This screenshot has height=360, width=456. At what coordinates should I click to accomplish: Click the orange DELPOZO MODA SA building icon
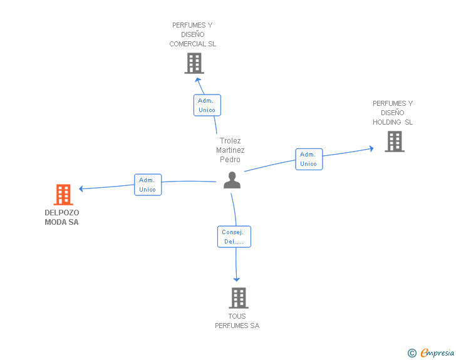pos(63,195)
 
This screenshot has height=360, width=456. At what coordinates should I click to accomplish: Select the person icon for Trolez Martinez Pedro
pos(232,180)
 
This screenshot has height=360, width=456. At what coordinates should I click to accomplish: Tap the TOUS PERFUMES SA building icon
pos(239,298)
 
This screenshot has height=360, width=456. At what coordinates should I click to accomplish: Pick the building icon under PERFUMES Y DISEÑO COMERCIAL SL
pos(194,63)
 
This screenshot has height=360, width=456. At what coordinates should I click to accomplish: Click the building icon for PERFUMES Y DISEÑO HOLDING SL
pos(395,141)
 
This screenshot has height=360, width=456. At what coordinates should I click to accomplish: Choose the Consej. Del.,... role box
pos(234,237)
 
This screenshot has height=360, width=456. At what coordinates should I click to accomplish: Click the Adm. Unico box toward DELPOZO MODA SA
pos(148,185)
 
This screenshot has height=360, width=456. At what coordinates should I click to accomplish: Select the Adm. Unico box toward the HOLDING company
pos(309,159)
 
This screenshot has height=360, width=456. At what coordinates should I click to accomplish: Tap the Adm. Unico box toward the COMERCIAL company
pos(207,105)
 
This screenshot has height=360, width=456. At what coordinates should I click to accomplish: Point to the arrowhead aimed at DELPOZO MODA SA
pos(81,188)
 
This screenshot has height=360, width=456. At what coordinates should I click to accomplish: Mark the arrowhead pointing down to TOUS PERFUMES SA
pos(236,279)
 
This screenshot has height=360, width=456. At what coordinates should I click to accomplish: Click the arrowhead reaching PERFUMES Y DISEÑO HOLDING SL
pos(371,148)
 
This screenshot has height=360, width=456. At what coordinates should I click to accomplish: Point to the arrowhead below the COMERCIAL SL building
pos(198,80)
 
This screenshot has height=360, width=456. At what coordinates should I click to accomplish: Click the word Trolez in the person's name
pos(231,141)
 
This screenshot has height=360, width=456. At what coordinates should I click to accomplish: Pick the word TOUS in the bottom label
pos(237,316)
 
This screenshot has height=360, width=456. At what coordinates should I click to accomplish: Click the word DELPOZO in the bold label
pos(62,213)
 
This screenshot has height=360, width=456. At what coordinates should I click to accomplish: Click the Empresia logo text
pos(437,353)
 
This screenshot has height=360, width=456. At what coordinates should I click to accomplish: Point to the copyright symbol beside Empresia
pos(412,353)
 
